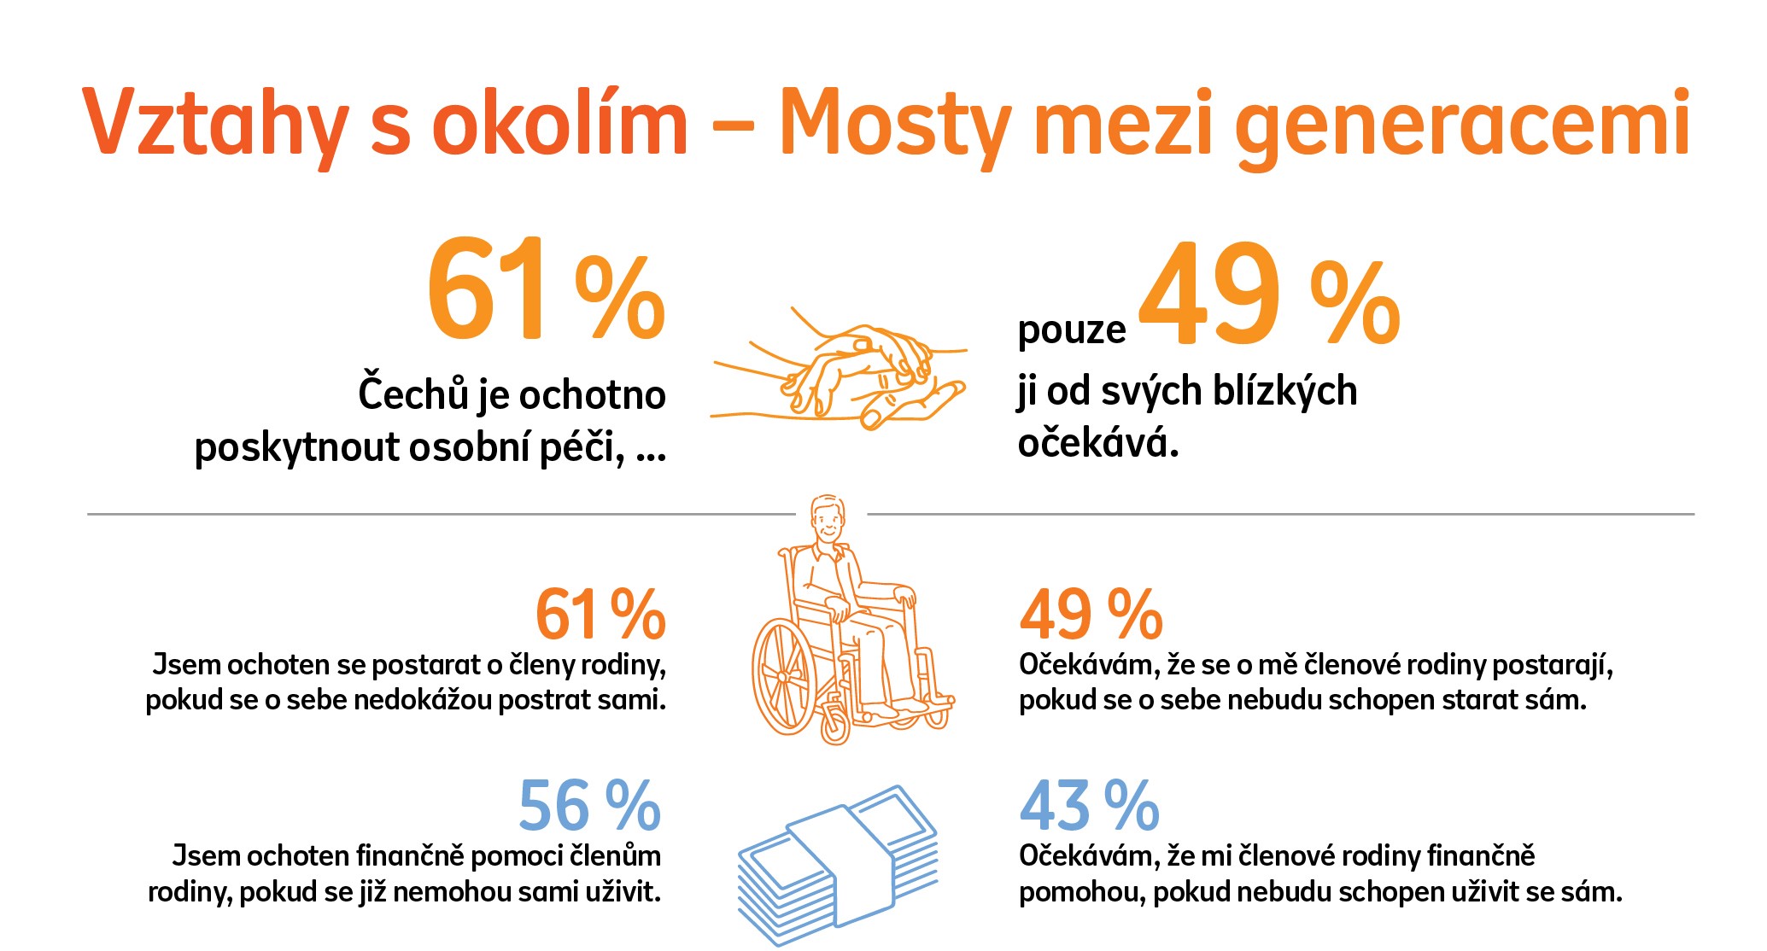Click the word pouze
click(x=1072, y=330)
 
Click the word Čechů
click(x=413, y=394)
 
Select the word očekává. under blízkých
click(x=1097, y=443)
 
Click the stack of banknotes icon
click(x=837, y=862)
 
